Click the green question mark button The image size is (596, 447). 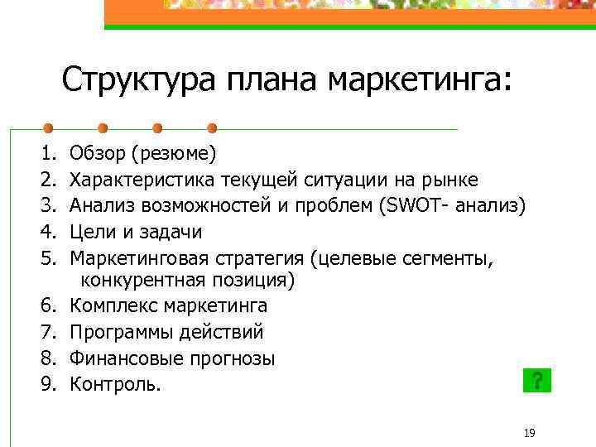tap(538, 381)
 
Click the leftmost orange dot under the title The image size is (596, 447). tap(48, 128)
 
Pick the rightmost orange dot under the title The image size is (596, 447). tap(212, 128)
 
